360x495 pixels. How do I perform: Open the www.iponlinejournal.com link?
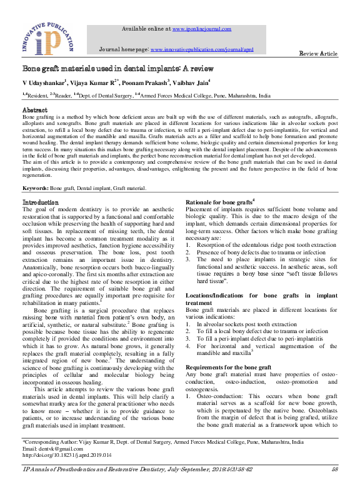(x=201, y=29)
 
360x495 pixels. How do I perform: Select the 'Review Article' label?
(x=319, y=54)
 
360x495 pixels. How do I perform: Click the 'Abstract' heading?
(x=35, y=110)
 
